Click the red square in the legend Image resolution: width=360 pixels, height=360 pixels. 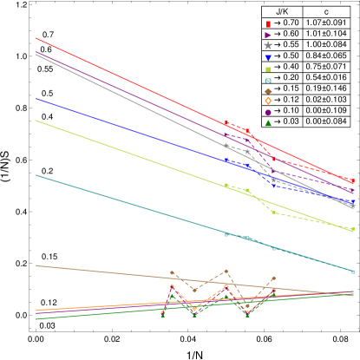pyautogui.click(x=268, y=24)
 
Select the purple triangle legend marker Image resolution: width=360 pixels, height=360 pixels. pyautogui.click(x=268, y=36)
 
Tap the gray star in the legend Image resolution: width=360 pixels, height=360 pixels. pyautogui.click(x=268, y=46)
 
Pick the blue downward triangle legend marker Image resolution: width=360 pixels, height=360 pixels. pyautogui.click(x=268, y=57)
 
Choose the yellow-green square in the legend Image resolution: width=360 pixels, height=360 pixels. pyautogui.click(x=268, y=69)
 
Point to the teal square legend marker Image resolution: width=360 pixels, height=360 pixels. pyautogui.click(x=268, y=80)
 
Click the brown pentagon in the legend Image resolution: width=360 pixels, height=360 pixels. pyautogui.click(x=268, y=90)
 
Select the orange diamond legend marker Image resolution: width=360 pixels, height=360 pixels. pyautogui.click(x=268, y=101)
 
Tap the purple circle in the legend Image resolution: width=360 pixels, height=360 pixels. pyautogui.click(x=268, y=113)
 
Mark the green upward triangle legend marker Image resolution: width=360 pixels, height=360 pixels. pyautogui.click(x=268, y=123)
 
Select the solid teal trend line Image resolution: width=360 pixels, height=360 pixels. pyautogui.click(x=130, y=206)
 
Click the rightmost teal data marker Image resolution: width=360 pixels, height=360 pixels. pyautogui.click(x=353, y=271)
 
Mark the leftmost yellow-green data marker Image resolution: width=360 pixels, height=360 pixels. pyautogui.click(x=226, y=185)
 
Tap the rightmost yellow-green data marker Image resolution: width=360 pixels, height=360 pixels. pyautogui.click(x=353, y=230)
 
